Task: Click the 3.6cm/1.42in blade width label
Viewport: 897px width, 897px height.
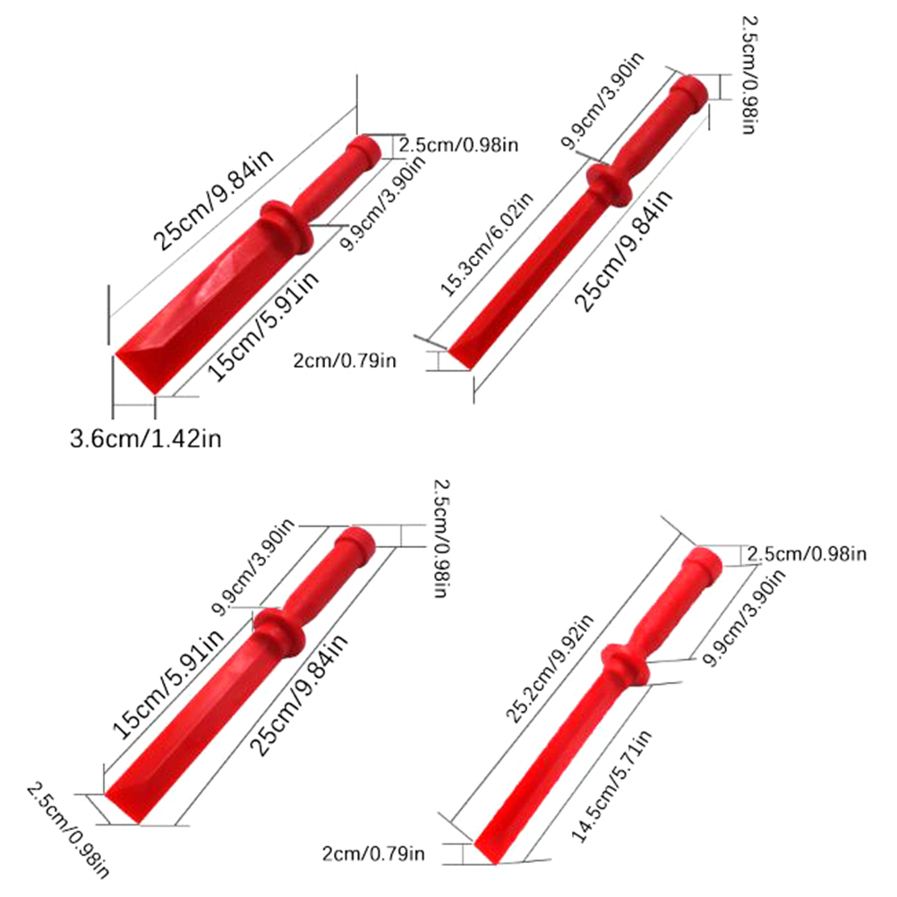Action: (145, 439)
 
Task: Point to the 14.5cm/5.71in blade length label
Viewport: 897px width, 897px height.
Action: (614, 785)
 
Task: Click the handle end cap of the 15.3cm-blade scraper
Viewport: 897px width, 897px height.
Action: (691, 90)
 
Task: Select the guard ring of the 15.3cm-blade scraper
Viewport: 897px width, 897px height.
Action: (608, 184)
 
